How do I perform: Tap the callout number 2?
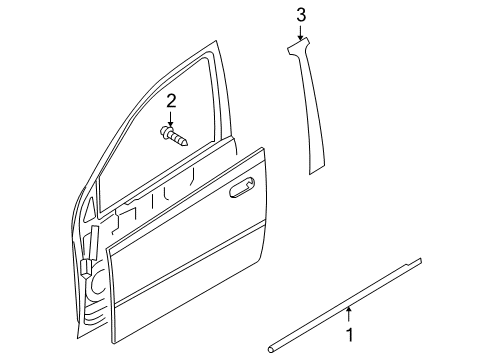[x=171, y=100]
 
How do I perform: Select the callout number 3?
[x=300, y=13]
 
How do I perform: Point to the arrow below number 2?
[x=171, y=119]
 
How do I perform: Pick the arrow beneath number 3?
[x=300, y=33]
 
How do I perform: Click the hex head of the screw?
[x=166, y=131]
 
